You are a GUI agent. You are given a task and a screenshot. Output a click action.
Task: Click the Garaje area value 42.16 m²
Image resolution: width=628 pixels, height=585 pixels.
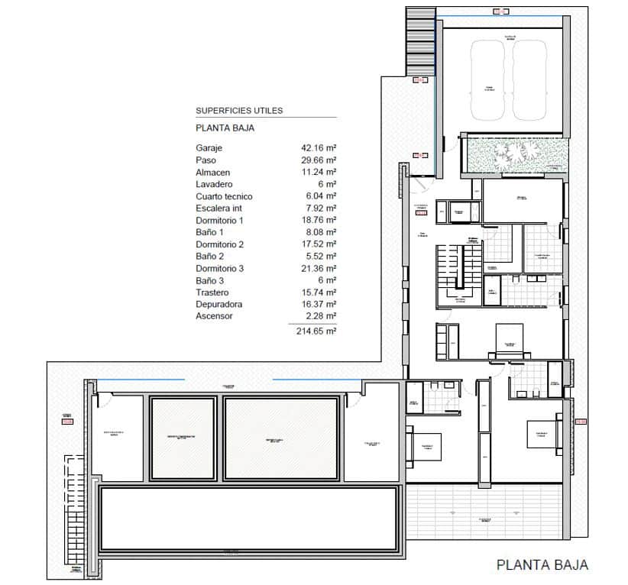pyautogui.click(x=319, y=148)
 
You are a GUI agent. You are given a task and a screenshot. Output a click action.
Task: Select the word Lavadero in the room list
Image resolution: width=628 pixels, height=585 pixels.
pyautogui.click(x=214, y=185)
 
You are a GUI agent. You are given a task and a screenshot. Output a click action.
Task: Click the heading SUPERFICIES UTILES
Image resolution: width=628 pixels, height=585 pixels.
pyautogui.click(x=239, y=111)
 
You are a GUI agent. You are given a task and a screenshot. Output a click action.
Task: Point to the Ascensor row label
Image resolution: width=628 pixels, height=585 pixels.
pyautogui.click(x=214, y=316)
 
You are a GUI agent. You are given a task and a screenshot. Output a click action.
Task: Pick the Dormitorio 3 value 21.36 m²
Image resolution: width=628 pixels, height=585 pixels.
pyautogui.click(x=319, y=269)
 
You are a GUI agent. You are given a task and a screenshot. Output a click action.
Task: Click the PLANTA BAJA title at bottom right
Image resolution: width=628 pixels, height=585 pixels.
pyautogui.click(x=542, y=565)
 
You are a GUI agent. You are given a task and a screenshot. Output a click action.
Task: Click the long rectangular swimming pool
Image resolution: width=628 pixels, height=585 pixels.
pyautogui.click(x=250, y=519)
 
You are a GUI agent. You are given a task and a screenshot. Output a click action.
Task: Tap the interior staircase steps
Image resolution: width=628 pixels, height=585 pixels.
pyautogui.click(x=449, y=270)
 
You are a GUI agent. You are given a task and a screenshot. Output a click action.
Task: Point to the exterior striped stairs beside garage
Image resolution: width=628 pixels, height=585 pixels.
pyautogui.click(x=419, y=38)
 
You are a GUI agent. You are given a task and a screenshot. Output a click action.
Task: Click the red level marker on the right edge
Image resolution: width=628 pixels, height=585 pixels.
pyautogui.click(x=580, y=421)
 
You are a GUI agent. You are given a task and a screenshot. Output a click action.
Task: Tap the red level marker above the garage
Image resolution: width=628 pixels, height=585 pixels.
pyautogui.click(x=500, y=11)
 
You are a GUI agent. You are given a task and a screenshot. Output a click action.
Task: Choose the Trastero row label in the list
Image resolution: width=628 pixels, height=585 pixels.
pyautogui.click(x=212, y=292)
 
